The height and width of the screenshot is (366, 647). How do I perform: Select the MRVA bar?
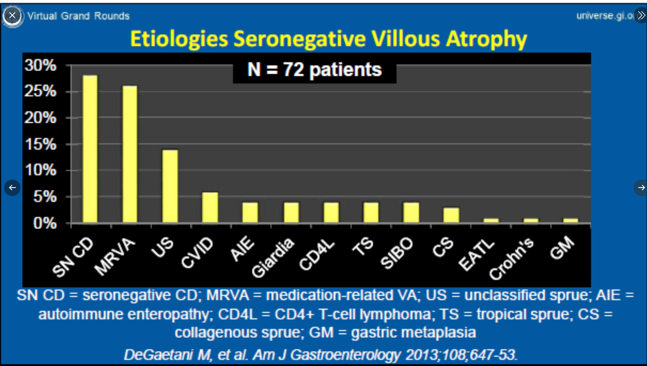pos(130,154)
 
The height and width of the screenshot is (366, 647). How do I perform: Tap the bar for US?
pos(170,186)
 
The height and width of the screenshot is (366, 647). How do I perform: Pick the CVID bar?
pos(210,207)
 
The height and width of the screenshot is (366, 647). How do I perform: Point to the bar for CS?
pos(451,215)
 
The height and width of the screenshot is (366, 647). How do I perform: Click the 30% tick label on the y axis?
pos(40,65)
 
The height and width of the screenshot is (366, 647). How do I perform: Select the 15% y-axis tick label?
pos(40,144)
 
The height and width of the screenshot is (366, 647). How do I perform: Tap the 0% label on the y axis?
pos(45,223)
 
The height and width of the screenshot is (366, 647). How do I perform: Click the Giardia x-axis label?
pos(272,258)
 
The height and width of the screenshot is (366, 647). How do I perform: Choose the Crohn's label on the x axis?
pos(511,259)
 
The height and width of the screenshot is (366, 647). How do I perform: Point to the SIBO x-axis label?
pos(396,254)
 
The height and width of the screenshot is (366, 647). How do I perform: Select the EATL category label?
pos(476,255)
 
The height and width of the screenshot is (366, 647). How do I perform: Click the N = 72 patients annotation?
pos(315,70)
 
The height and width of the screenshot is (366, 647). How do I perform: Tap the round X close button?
pos(12,16)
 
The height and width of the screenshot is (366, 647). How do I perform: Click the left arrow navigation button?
pos(12,188)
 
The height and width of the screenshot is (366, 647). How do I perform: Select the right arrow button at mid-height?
pos(641,188)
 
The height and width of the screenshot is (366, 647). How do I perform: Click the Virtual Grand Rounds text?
pos(78,16)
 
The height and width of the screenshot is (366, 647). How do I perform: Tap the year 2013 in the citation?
pos(422,355)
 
